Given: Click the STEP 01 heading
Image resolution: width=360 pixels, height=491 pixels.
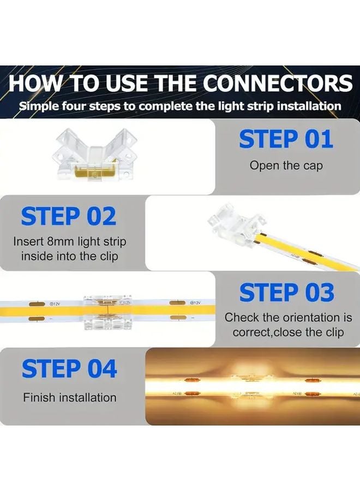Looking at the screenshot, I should [x=286, y=140].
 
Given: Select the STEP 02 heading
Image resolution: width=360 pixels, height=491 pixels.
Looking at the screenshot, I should [x=69, y=217].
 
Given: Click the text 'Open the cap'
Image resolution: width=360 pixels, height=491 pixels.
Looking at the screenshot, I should [x=286, y=165].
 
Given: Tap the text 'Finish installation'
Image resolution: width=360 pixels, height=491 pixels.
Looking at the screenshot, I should [x=69, y=398].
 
